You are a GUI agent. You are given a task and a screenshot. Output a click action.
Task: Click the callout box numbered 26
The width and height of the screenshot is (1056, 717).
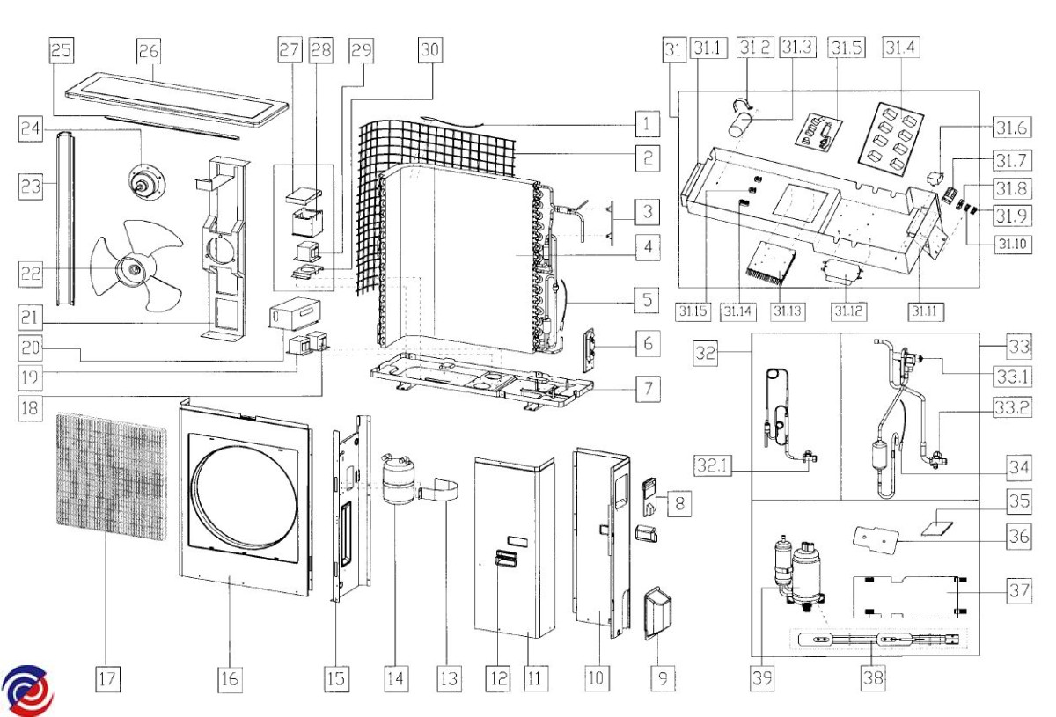[x=148, y=51]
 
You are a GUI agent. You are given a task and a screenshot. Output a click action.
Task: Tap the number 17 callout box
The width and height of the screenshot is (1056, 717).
[x=107, y=678]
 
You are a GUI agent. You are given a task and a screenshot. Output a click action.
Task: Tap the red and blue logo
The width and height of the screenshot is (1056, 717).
[x=26, y=691]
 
